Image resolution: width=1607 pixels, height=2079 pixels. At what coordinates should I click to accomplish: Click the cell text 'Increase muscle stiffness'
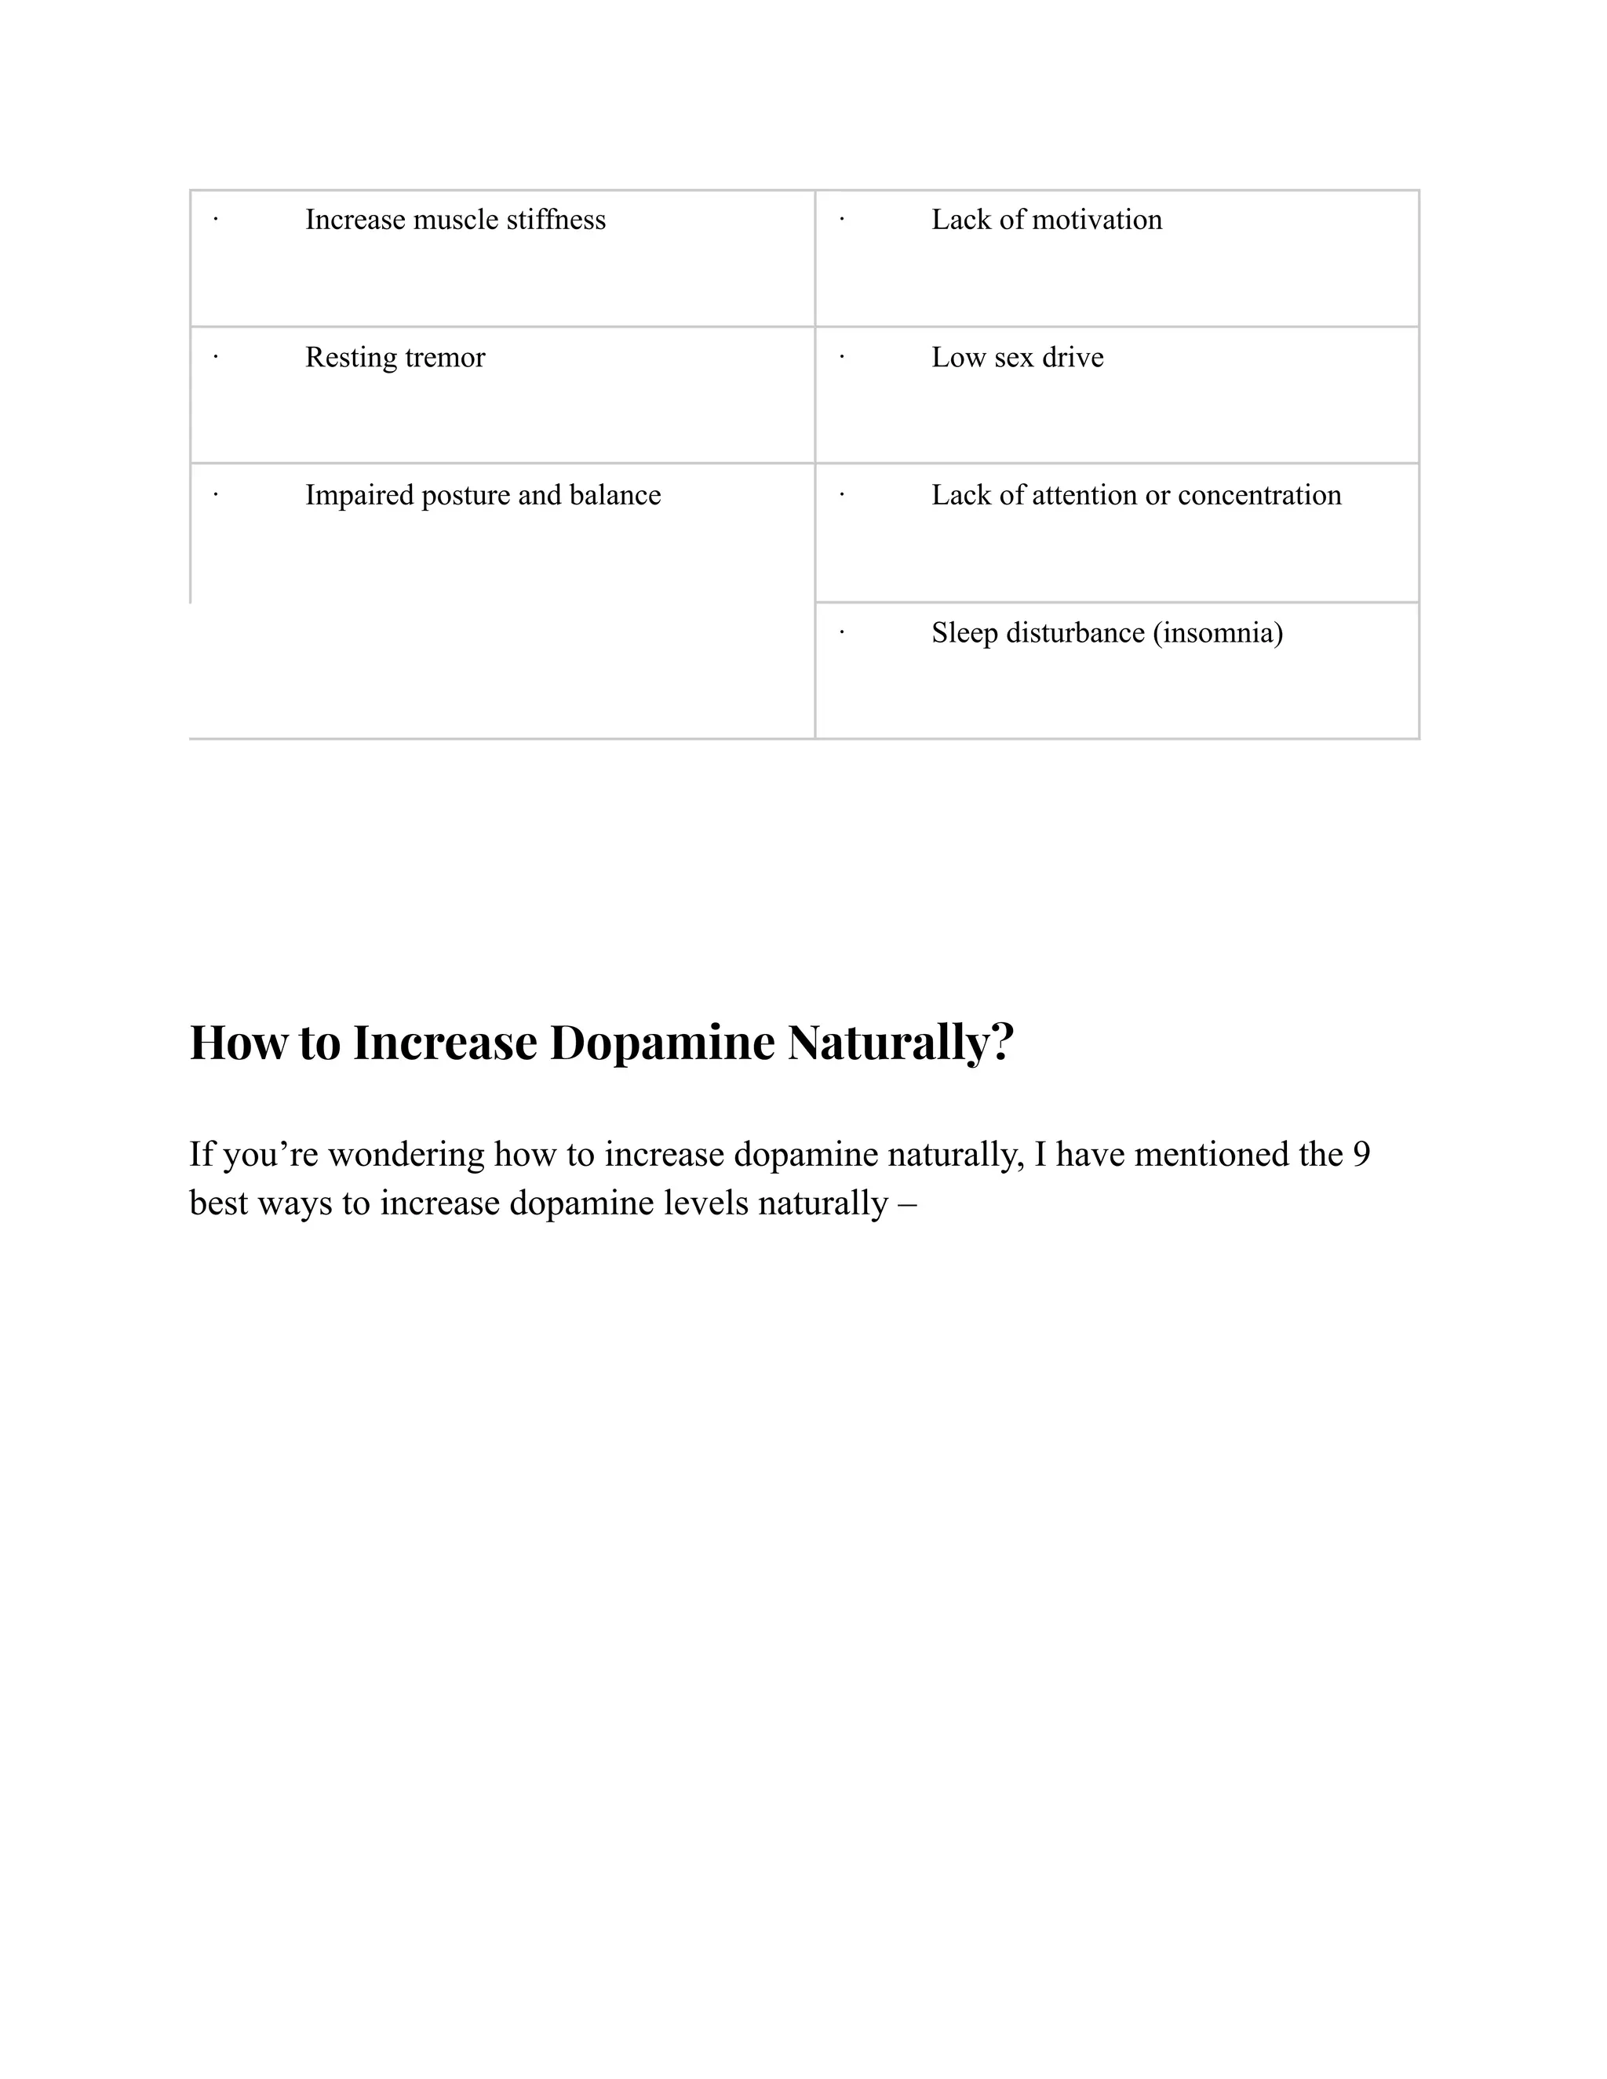click(455, 220)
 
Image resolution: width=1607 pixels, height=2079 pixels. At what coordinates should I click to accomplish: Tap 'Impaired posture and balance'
click(483, 495)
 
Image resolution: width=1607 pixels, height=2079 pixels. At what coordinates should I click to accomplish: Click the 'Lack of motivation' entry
click(1046, 220)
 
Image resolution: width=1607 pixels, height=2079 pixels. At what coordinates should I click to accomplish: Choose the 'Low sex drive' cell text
click(1017, 357)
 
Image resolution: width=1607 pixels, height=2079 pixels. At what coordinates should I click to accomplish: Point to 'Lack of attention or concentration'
click(1135, 495)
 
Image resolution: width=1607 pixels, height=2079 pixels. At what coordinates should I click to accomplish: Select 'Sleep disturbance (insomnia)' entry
click(1106, 632)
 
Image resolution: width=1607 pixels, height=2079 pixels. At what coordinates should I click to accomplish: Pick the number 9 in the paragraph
click(1361, 1155)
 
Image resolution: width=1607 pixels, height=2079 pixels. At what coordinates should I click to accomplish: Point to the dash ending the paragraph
click(906, 1204)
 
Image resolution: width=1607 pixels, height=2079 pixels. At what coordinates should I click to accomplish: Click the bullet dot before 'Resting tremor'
click(216, 357)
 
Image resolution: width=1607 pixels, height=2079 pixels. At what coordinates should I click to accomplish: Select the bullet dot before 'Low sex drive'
click(842, 357)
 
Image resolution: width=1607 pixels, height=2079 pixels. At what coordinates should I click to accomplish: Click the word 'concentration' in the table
click(1259, 495)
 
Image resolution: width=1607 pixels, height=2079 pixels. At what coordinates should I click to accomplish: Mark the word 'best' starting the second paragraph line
click(218, 1203)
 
